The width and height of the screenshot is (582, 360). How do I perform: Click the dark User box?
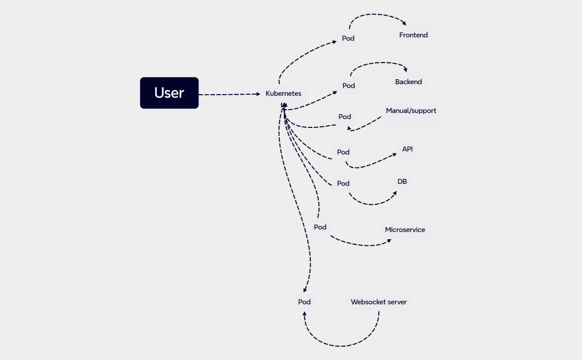tap(169, 93)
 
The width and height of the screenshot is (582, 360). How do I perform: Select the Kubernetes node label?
tap(283, 94)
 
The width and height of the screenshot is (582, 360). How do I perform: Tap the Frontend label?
tap(413, 35)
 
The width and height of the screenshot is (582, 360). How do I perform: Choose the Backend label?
tap(409, 82)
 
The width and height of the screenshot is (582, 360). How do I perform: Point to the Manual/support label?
tap(411, 111)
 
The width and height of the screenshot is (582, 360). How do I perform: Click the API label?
tap(407, 149)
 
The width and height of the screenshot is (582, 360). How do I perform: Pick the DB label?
tap(402, 181)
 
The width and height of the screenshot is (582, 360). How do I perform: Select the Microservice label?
tap(405, 230)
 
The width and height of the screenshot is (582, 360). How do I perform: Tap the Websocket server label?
tap(379, 302)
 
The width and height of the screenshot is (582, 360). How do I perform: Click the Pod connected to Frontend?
tap(348, 39)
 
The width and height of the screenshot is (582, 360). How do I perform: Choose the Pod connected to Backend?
tap(349, 86)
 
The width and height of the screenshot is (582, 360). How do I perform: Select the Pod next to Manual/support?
tap(345, 117)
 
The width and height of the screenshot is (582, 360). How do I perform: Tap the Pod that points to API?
tap(343, 152)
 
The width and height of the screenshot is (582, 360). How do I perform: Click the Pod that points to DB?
tap(343, 183)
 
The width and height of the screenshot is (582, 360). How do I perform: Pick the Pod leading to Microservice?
tap(320, 227)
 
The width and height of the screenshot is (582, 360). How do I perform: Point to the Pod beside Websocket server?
tap(304, 302)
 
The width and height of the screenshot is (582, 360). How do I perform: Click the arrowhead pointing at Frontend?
tap(404, 24)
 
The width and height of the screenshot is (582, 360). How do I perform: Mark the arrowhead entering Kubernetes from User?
tap(258, 94)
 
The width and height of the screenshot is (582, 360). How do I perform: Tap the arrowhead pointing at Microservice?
tap(389, 240)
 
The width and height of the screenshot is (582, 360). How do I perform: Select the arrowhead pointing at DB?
tap(395, 193)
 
